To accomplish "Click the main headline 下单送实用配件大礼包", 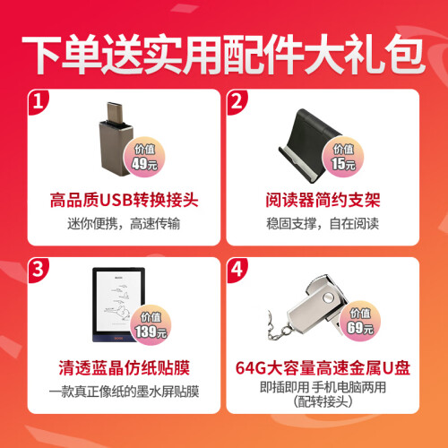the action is click(223, 55).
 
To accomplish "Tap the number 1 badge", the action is click(39, 102).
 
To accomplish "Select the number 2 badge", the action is click(237, 102).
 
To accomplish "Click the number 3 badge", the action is click(39, 270).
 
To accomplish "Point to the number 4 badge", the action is click(237, 270).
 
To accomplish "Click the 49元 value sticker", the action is click(144, 157).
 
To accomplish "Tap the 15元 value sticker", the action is click(343, 157).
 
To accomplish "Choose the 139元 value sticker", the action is click(151, 325).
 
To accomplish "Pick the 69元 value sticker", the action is click(360, 322).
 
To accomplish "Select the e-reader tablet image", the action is click(119, 305).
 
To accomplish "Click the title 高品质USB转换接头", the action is click(124, 200).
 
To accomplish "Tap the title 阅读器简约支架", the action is click(323, 200).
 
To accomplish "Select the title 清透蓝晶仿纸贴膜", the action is click(124, 367).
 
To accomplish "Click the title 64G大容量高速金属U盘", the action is click(323, 367).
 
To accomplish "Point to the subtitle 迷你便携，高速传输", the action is click(124, 224).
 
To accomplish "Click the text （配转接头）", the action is click(323, 401).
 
